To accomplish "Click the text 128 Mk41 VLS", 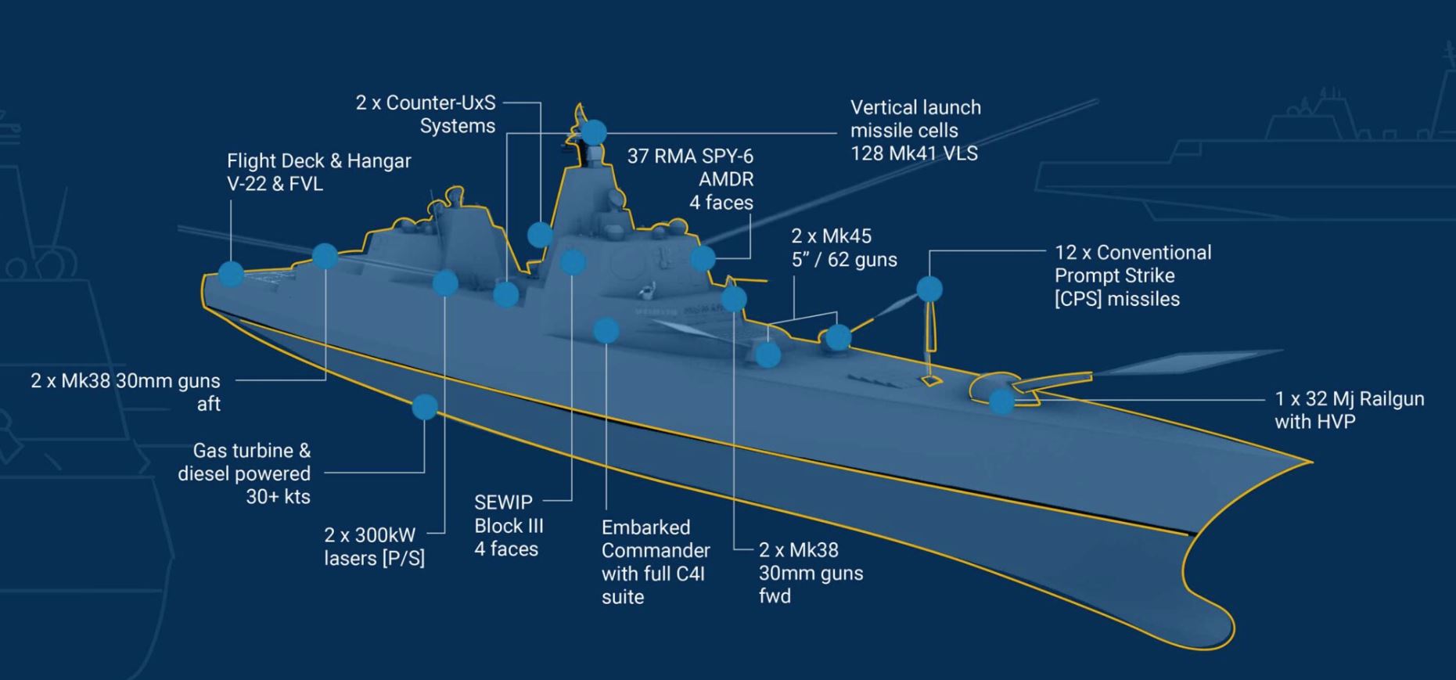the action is (x=914, y=153).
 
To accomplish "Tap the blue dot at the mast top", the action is (x=594, y=132).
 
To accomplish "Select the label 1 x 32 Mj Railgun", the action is (x=1350, y=399).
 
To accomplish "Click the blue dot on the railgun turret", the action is (x=1001, y=401).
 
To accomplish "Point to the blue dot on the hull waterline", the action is (x=425, y=407).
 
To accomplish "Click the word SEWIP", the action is (x=503, y=502).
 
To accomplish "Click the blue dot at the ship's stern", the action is (x=231, y=274).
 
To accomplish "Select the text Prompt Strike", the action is (x=1115, y=276).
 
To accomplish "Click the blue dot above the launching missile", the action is (x=929, y=289).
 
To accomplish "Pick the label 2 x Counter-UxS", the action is (x=426, y=103).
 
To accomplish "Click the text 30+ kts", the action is (x=278, y=497).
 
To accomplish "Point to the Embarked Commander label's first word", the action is (x=646, y=527).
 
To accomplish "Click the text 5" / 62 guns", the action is (x=844, y=260).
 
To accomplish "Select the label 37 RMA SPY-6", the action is (x=690, y=157).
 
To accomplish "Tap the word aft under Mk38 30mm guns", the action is (x=208, y=405).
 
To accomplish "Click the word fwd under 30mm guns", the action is (x=775, y=596).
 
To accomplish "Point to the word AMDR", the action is (x=726, y=180).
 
